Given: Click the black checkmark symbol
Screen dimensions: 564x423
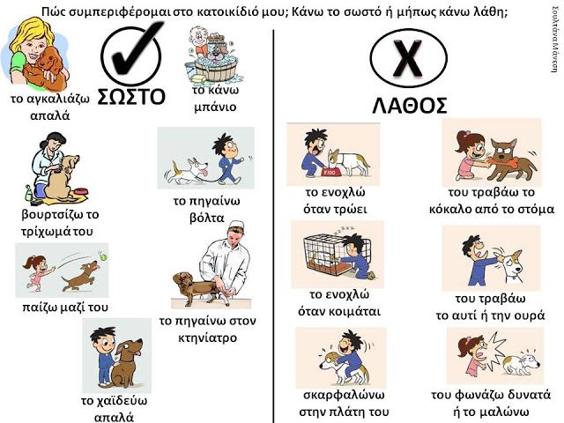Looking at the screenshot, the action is click(138, 50).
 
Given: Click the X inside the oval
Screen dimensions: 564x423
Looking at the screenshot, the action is click(408, 58).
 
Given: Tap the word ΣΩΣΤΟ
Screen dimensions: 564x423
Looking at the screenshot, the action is click(131, 96).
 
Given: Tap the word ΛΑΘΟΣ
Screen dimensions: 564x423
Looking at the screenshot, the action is click(410, 106).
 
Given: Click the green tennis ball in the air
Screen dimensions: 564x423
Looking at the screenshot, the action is click(104, 257).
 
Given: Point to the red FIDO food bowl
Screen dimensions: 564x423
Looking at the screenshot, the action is click(329, 173).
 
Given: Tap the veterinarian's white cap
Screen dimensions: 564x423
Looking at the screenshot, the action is click(236, 226).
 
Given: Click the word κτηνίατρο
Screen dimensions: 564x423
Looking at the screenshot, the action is click(208, 338).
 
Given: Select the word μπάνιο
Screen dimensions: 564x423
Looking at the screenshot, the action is click(215, 107).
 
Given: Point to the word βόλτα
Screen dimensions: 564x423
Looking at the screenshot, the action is click(207, 218).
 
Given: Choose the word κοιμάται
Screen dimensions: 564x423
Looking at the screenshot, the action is click(338, 311).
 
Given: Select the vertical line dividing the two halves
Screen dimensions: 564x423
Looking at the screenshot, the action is click(273, 226).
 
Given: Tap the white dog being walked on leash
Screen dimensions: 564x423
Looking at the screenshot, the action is click(187, 169).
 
